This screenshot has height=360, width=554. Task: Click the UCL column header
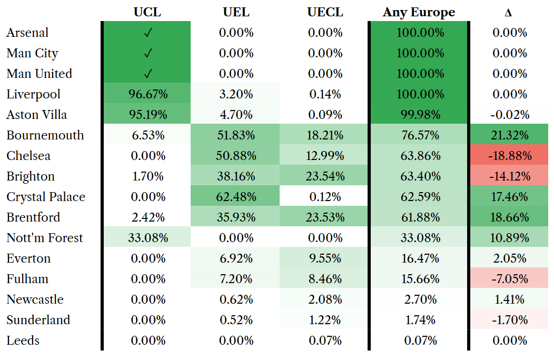(147, 12)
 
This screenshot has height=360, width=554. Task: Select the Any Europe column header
(419, 13)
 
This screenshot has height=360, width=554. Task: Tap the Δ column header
(508, 13)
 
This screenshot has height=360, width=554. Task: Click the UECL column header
(325, 12)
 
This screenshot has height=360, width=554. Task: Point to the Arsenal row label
(27, 33)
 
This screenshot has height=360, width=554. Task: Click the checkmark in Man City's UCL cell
(148, 53)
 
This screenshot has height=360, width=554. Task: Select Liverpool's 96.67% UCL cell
(148, 94)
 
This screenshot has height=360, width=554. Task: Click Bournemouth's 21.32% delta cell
(509, 135)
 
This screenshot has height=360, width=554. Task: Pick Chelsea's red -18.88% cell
(510, 155)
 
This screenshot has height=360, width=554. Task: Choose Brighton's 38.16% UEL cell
(236, 176)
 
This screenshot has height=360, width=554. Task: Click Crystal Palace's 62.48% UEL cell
(236, 196)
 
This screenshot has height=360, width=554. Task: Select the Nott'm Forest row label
(45, 238)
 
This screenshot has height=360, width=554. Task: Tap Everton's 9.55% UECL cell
(325, 258)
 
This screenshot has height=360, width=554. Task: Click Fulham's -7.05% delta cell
(510, 279)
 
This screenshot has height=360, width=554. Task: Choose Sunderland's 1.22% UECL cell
(325, 319)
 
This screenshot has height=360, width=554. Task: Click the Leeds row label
(23, 340)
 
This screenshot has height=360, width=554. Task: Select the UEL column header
(236, 12)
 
